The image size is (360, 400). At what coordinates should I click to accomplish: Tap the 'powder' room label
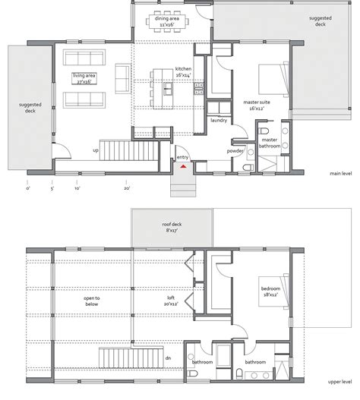[x=235, y=151]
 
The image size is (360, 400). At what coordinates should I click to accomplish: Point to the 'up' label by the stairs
[x=95, y=150]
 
